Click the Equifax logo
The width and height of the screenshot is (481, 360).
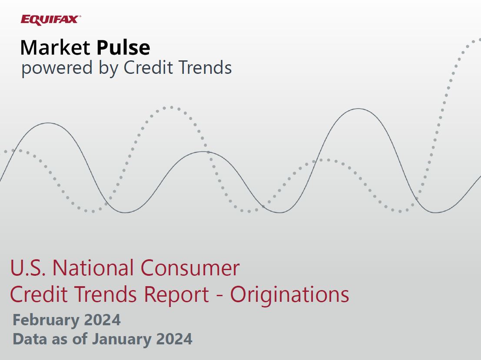[x=50, y=20]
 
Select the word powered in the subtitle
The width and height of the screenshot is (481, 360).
[x=57, y=68]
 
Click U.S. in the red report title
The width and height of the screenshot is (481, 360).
[x=28, y=268]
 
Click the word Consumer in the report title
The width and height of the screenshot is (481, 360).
[x=190, y=268]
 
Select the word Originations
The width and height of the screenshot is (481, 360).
[x=289, y=295]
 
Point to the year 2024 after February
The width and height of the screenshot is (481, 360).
[x=102, y=320]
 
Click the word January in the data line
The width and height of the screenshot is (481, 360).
[x=122, y=340]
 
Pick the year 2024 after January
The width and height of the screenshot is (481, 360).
[x=174, y=339]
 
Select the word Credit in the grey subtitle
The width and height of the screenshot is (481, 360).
[x=147, y=67]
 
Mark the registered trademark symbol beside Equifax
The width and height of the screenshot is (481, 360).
[x=80, y=17]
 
